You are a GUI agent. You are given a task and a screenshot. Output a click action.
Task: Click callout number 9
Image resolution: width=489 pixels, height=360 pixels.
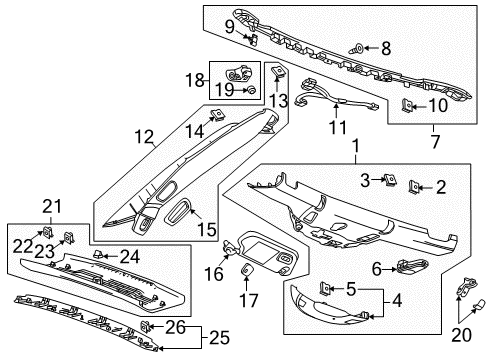coord(229,26)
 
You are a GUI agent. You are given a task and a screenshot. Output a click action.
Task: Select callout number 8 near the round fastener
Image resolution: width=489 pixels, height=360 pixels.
coord(385,46)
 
